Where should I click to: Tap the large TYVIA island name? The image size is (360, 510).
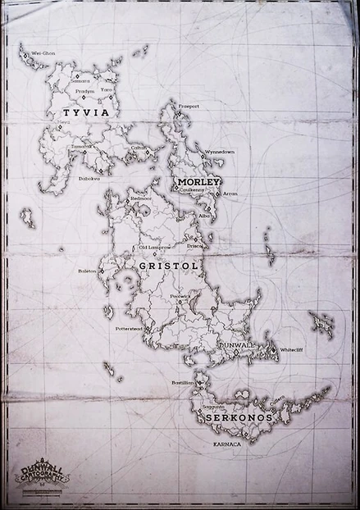(x=80, y=113)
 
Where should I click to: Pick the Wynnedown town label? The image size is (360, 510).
(x=220, y=152)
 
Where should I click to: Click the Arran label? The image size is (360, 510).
(x=230, y=194)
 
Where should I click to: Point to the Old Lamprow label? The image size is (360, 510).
(x=154, y=247)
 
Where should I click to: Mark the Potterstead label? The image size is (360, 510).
(x=130, y=328)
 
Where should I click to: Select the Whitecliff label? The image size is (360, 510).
(x=291, y=350)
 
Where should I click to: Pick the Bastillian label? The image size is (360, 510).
(x=182, y=382)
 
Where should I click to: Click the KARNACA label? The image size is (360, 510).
(x=227, y=444)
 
